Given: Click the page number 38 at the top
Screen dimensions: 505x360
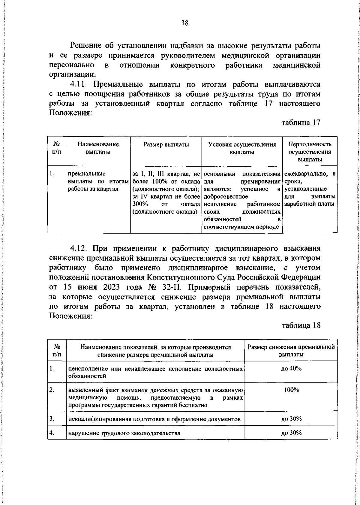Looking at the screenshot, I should [x=185, y=23].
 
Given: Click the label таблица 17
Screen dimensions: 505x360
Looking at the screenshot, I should [x=301, y=122].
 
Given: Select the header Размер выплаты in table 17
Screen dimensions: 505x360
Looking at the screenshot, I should [x=170, y=144].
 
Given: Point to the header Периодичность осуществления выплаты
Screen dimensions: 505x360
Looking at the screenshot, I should [x=314, y=152].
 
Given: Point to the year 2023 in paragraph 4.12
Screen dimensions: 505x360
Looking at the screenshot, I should [x=112, y=287].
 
